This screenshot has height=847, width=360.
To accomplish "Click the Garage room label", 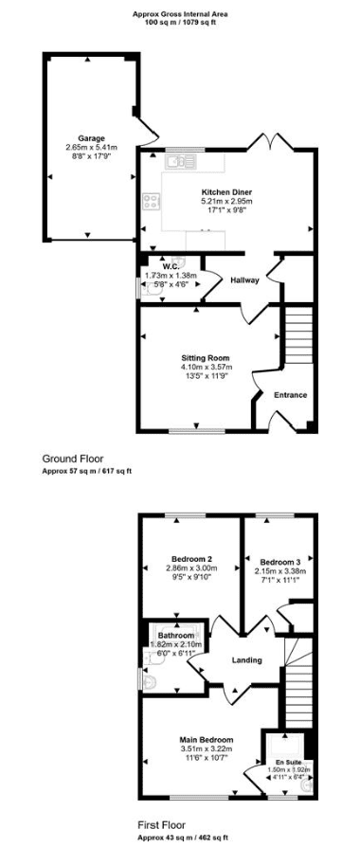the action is click(x=91, y=137).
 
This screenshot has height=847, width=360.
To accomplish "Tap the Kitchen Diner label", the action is click(x=227, y=191).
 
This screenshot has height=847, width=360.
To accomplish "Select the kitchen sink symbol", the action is click(x=181, y=161).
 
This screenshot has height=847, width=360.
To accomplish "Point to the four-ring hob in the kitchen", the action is click(x=151, y=202).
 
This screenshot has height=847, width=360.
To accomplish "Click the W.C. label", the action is click(x=171, y=267).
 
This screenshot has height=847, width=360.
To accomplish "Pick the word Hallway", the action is click(x=244, y=280).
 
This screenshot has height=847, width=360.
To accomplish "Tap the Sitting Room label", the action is click(x=206, y=357).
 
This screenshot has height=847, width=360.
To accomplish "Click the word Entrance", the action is click(x=291, y=395).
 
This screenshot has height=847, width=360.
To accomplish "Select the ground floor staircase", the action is click(x=297, y=338).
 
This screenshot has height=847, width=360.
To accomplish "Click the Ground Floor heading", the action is click(x=73, y=460).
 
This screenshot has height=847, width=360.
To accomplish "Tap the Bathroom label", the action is click(x=176, y=635).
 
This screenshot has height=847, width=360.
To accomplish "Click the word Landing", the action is click(x=246, y=660).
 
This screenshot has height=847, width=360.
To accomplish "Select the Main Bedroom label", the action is click(x=207, y=740).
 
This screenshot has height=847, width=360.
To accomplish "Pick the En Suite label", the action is click(x=284, y=762).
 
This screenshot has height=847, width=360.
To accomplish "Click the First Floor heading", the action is click(x=162, y=825).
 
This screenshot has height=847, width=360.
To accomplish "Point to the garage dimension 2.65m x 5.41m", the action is click(x=91, y=147).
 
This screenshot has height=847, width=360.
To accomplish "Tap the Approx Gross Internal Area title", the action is click(x=178, y=15).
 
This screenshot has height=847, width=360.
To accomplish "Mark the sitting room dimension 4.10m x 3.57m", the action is click(x=206, y=367).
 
